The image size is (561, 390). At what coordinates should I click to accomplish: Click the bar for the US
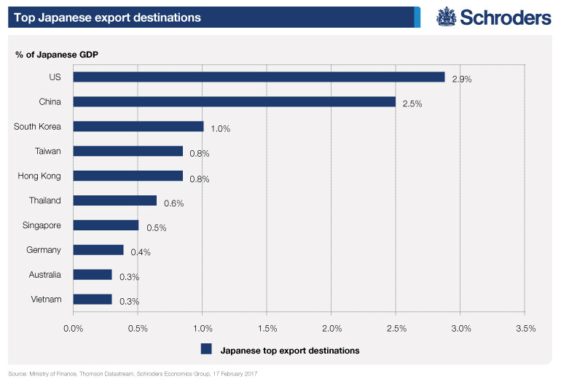pyautogui.click(x=259, y=77)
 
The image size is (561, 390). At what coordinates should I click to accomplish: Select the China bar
pyautogui.click(x=234, y=101)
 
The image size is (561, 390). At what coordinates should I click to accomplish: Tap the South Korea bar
pyautogui.click(x=138, y=126)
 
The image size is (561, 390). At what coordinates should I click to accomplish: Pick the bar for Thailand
pyautogui.click(x=115, y=200)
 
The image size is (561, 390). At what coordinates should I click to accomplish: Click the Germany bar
pyautogui.click(x=98, y=249)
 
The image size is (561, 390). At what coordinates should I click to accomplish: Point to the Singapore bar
pyautogui.click(x=106, y=225)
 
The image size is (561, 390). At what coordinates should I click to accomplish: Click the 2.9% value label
pyautogui.click(x=462, y=79)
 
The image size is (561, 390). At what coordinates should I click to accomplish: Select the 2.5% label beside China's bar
pyautogui.click(x=412, y=104)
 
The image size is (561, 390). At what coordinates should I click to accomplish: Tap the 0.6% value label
pyautogui.click(x=173, y=203)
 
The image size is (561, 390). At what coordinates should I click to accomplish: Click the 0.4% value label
pyautogui.click(x=140, y=252)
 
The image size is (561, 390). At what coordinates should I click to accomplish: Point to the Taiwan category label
pyautogui.click(x=47, y=151)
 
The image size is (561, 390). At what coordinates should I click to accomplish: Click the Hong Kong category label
pyautogui.click(x=39, y=176)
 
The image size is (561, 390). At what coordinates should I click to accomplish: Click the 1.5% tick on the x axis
pyautogui.click(x=267, y=329)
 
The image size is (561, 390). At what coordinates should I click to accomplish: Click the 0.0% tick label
pyautogui.click(x=74, y=329)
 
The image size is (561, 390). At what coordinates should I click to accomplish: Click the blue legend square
pyautogui.click(x=206, y=349)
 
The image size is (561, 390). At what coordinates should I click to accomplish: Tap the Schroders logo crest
pyautogui.click(x=447, y=17)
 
